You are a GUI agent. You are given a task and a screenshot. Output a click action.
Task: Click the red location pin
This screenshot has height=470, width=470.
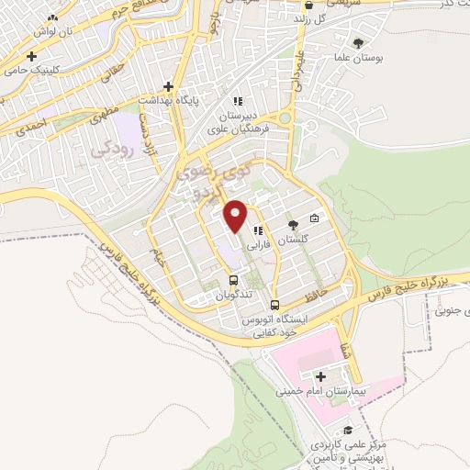(x=236, y=216)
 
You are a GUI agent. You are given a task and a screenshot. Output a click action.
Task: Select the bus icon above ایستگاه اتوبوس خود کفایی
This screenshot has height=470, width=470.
(x=275, y=305)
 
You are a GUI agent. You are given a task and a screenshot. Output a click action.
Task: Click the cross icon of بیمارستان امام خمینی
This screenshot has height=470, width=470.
(x=320, y=376)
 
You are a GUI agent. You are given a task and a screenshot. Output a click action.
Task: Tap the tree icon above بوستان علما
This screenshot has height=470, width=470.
(x=358, y=42)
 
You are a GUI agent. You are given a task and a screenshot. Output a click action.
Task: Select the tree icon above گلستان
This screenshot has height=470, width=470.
(x=293, y=224)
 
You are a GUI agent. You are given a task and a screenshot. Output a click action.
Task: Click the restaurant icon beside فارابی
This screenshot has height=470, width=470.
(x=260, y=230)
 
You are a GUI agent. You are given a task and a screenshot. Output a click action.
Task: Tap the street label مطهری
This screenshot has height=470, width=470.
(x=106, y=122)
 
